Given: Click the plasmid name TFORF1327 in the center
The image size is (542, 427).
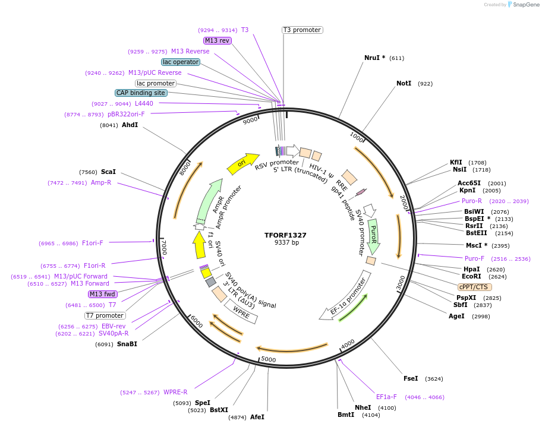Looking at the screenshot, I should point(285,235).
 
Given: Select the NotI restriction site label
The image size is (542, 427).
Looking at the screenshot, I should point(404,83).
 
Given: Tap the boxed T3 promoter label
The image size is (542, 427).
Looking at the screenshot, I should point(302,30).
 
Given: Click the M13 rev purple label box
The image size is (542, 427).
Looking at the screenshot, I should point(217,40).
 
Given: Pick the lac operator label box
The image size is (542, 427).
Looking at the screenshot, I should point(181,62).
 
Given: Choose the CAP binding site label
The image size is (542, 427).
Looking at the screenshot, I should point(141,93).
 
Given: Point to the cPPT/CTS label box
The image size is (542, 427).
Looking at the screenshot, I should point(475,286).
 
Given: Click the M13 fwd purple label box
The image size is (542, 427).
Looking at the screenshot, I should point(103,294).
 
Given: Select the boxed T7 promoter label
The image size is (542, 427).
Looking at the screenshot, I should point(105,315).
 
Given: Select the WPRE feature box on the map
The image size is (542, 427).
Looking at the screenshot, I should point(241,310).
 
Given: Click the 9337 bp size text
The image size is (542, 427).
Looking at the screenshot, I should point(286,243).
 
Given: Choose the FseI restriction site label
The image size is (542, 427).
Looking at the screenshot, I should point(411,378).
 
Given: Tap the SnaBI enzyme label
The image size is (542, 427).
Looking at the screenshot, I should point(127,344).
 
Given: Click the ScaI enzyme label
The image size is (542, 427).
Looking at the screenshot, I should point(108,172).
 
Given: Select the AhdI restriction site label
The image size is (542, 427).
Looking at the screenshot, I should point(130,125).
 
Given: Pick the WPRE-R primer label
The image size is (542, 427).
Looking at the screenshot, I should point(175,392).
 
